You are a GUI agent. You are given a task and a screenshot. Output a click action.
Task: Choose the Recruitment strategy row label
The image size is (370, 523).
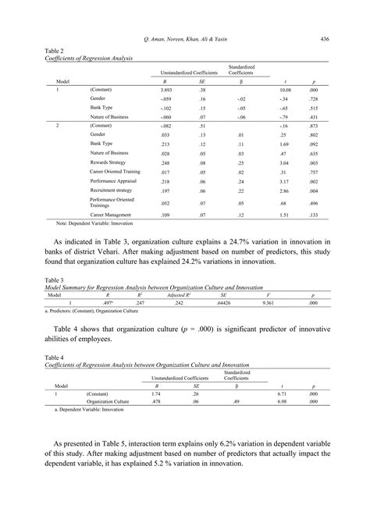point(114,190)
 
